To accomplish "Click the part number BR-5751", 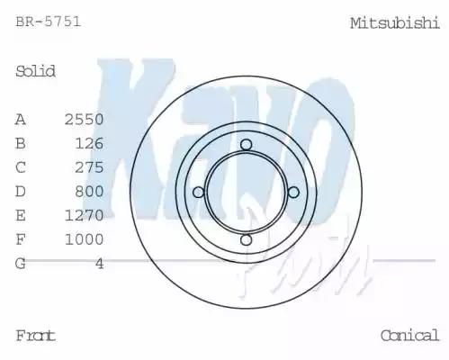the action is click(x=48, y=22).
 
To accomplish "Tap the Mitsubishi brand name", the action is click(x=395, y=23).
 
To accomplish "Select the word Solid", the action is click(x=35, y=71).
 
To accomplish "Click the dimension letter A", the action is click(x=21, y=120).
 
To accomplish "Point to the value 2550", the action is click(x=85, y=120).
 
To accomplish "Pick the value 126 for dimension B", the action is click(x=89, y=143).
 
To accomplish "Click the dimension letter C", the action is click(x=21, y=167).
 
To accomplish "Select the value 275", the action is click(x=89, y=167).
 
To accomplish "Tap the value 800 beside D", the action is click(x=89, y=192).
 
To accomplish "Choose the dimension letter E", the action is click(x=21, y=215).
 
